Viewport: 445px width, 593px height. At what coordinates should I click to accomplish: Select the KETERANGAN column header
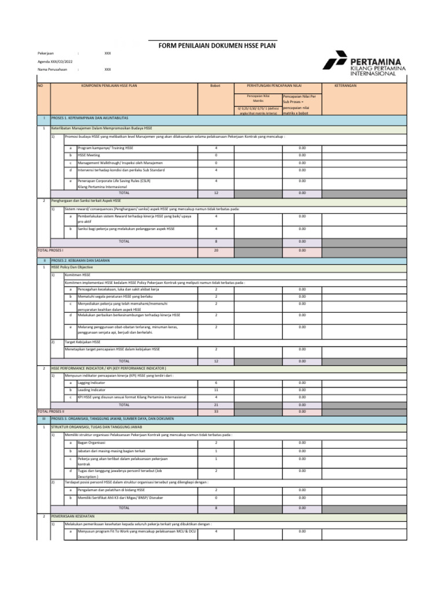click(345, 85)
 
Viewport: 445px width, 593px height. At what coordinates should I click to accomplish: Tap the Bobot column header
click(216, 85)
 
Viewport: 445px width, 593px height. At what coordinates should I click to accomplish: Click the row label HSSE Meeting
click(89, 155)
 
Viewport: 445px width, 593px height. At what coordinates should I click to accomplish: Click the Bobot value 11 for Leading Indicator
click(216, 390)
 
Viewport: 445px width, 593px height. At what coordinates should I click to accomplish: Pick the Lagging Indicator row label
click(92, 383)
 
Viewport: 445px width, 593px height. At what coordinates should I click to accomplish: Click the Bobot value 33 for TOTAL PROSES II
click(216, 411)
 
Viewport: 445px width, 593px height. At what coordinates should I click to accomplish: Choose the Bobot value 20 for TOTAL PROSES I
click(216, 250)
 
